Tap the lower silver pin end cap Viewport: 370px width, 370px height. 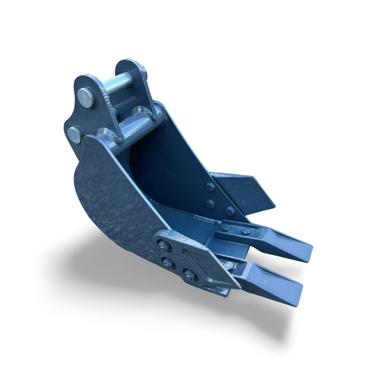click(x=74, y=134)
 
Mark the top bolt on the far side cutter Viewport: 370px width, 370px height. click(x=210, y=187)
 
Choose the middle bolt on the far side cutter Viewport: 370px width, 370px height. click(x=210, y=203)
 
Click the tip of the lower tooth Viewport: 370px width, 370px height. click(x=296, y=287)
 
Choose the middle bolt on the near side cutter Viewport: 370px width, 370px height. click(x=167, y=262)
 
